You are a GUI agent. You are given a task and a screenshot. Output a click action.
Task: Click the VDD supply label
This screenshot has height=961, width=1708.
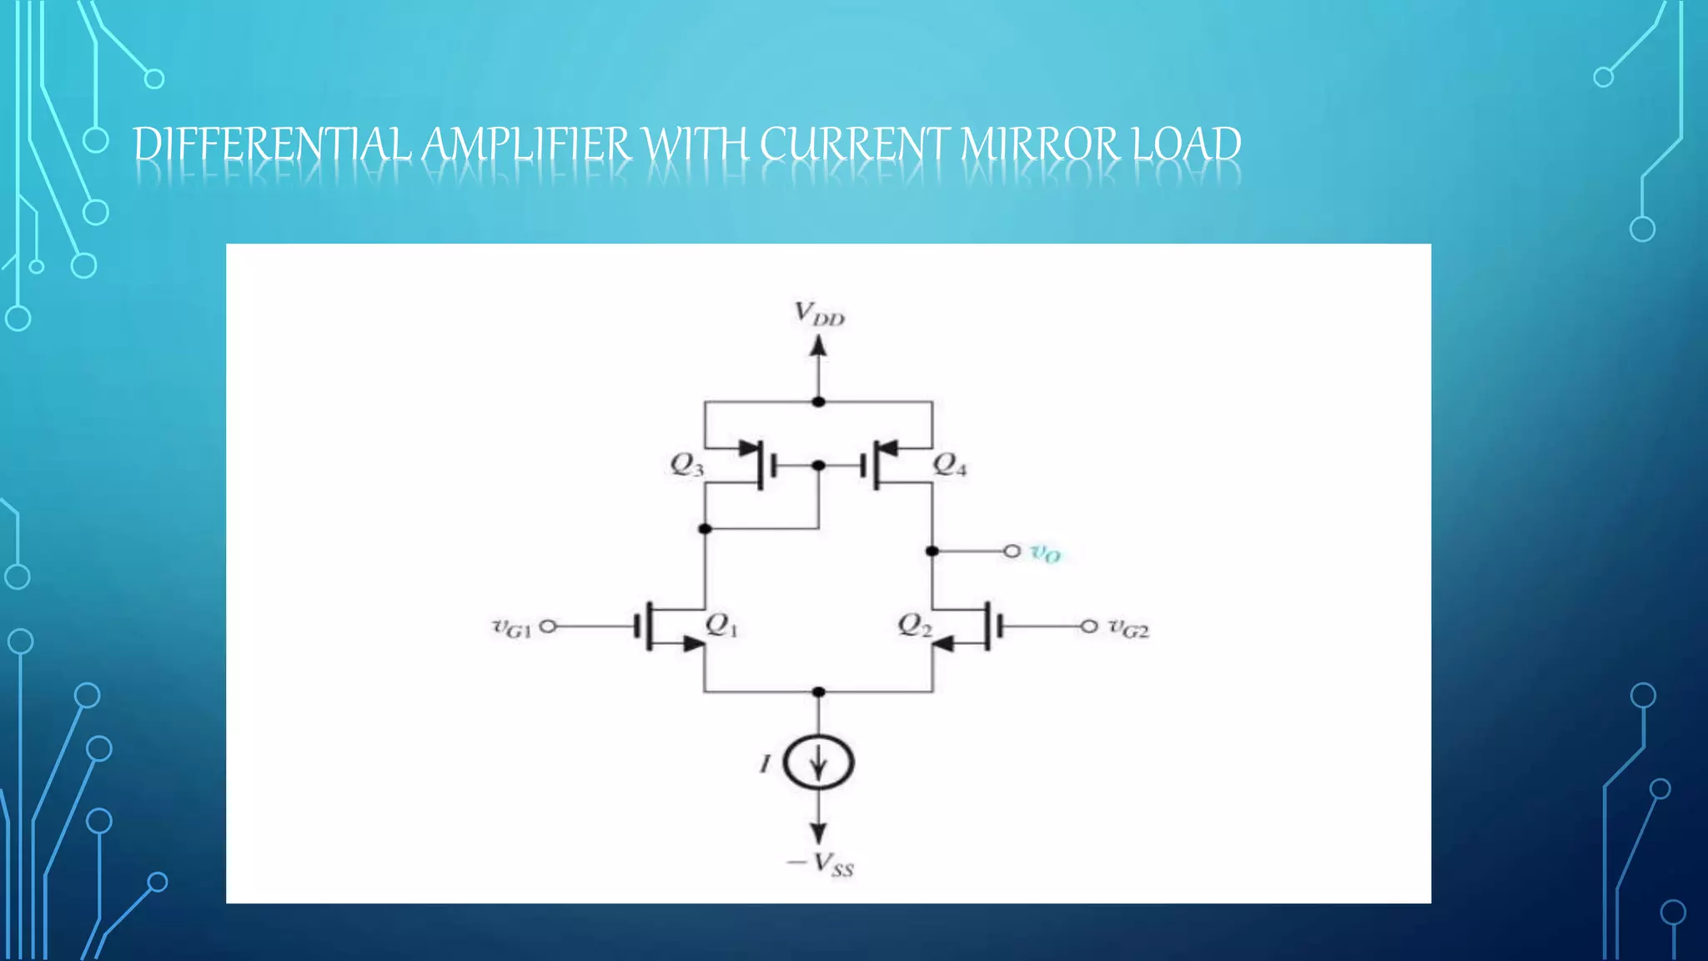click(819, 314)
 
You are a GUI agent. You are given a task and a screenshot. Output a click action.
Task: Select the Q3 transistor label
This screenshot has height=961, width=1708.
click(687, 465)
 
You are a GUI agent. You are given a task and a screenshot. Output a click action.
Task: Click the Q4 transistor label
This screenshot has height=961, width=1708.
click(950, 465)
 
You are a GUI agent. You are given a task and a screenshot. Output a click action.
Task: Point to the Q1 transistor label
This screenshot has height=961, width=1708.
click(721, 625)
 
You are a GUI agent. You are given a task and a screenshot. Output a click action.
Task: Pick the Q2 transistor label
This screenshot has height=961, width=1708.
click(915, 625)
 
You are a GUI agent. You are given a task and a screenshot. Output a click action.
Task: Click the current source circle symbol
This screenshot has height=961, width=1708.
click(819, 762)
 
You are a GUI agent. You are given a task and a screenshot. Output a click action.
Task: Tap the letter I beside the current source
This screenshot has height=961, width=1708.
click(765, 762)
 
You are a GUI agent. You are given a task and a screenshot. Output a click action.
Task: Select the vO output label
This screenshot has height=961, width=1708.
click(1045, 552)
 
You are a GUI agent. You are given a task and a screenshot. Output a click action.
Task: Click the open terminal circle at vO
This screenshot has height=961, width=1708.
click(1012, 551)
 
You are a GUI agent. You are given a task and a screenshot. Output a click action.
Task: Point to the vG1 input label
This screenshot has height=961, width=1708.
click(511, 627)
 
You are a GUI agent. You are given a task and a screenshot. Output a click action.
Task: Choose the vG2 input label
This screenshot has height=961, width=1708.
click(1128, 628)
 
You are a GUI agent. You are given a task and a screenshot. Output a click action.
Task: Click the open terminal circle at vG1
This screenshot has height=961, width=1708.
click(548, 626)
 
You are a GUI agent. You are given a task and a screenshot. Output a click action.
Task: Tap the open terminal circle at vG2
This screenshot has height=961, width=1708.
click(1089, 626)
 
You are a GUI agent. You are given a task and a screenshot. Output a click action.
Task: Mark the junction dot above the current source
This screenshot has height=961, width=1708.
click(819, 692)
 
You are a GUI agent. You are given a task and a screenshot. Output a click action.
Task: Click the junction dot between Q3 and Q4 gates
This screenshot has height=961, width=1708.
click(819, 465)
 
